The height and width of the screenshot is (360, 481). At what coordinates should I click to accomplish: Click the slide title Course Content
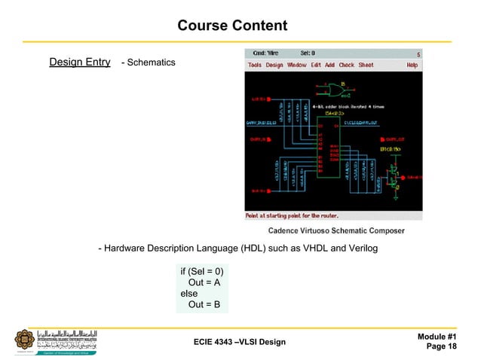click(x=231, y=26)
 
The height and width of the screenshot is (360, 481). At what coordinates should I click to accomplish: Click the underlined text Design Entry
click(x=80, y=62)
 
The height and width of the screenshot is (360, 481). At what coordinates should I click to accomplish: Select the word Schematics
click(x=151, y=63)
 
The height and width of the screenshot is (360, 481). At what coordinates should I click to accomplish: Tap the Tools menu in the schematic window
click(x=255, y=66)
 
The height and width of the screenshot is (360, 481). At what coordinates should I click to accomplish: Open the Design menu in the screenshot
click(x=274, y=66)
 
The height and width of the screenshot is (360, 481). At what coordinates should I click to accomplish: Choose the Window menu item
click(x=296, y=66)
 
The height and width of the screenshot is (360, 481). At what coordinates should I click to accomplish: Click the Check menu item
click(x=346, y=66)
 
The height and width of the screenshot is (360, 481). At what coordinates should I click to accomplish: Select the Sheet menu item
click(x=366, y=66)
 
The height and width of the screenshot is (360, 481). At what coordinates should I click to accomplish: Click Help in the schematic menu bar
click(x=412, y=66)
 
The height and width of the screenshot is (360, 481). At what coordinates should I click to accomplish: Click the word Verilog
click(x=360, y=249)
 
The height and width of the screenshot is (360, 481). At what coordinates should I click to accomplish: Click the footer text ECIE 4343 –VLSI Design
click(x=240, y=343)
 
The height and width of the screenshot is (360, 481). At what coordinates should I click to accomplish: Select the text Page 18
click(x=441, y=346)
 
